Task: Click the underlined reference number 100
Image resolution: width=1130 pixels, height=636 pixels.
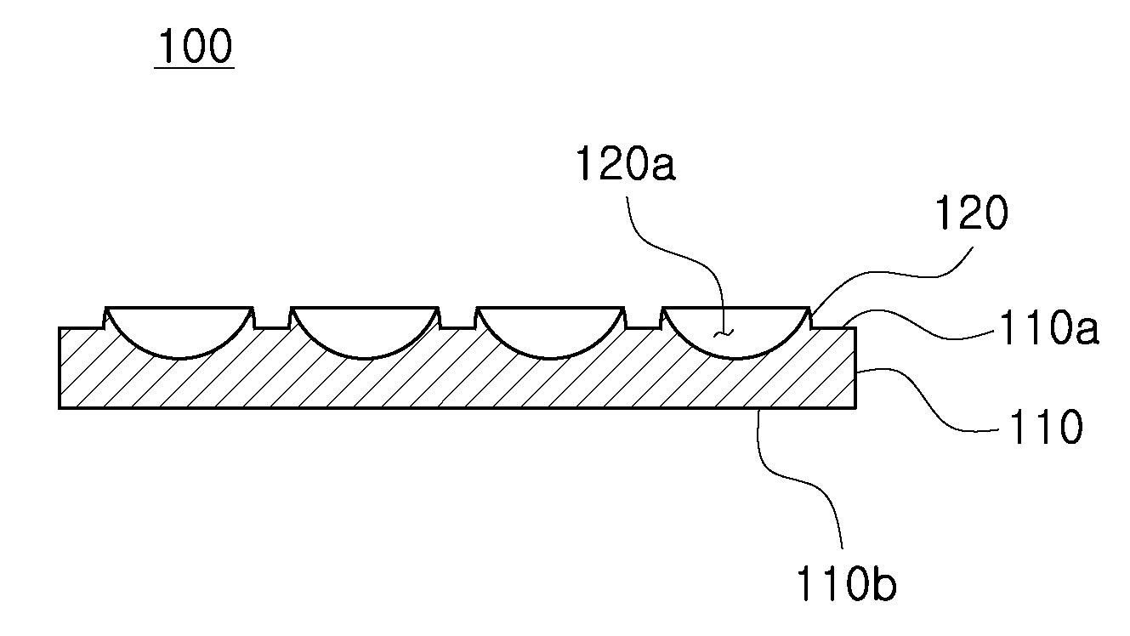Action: tap(195, 46)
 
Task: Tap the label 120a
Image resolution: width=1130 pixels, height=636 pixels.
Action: tap(626, 163)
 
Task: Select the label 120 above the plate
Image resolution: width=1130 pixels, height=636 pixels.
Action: tap(972, 213)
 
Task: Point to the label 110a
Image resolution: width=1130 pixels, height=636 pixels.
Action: tap(1049, 328)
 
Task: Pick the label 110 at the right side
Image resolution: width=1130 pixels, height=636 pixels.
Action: tap(1046, 427)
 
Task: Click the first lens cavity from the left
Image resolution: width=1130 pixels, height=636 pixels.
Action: tap(179, 332)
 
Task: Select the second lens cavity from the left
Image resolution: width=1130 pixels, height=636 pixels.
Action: tap(364, 332)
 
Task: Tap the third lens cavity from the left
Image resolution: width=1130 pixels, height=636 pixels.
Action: tap(550, 332)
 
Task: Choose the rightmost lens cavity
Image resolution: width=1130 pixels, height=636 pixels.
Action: tap(736, 332)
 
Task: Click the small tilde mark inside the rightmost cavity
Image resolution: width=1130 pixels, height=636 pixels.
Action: tap(724, 333)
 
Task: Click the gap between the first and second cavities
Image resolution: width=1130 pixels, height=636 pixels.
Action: tap(272, 328)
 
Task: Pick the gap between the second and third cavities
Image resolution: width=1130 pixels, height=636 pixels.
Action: tap(457, 328)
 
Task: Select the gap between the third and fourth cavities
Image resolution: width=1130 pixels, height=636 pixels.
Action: tap(643, 328)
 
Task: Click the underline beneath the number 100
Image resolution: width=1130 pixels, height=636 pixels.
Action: tap(194, 66)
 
